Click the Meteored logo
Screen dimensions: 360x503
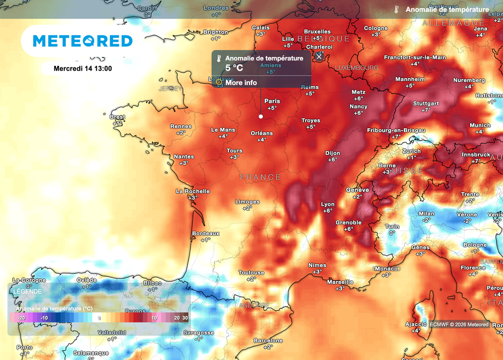(x=83, y=41)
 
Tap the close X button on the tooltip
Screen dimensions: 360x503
(x=319, y=57)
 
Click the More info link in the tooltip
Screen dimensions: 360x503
(x=241, y=83)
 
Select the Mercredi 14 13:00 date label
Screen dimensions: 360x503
(x=83, y=68)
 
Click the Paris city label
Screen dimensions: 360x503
(x=272, y=101)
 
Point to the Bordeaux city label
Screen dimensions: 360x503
(x=205, y=233)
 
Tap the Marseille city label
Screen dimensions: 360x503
(x=340, y=282)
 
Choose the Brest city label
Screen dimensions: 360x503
(x=117, y=117)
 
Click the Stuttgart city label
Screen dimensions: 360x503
(x=426, y=104)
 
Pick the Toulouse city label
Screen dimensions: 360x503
(x=251, y=273)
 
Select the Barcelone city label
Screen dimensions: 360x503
(x=268, y=340)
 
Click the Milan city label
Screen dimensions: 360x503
(x=426, y=214)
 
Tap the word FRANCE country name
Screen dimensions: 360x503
(x=260, y=177)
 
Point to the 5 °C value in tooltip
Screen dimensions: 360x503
(x=234, y=68)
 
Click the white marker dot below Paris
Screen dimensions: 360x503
(x=260, y=116)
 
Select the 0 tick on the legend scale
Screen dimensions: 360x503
(x=99, y=318)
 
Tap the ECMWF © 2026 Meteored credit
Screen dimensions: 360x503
(x=459, y=325)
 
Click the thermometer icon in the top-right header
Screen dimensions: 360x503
(x=396, y=9)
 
